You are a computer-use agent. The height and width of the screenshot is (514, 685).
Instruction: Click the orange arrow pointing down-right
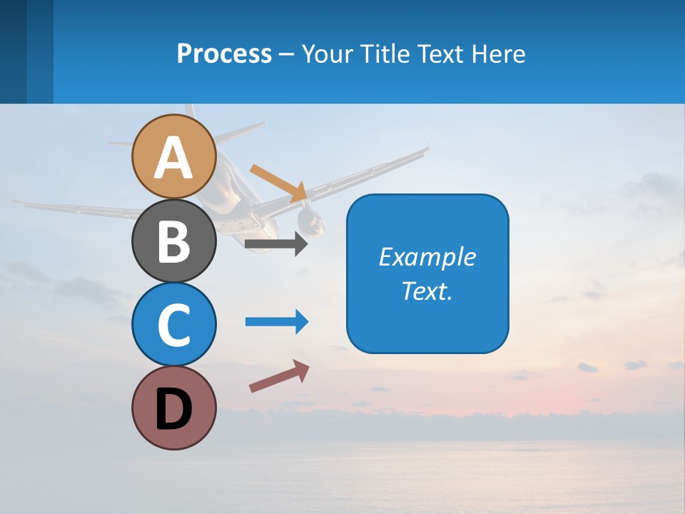click(x=278, y=183)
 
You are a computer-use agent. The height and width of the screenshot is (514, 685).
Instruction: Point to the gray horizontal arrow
click(x=275, y=244)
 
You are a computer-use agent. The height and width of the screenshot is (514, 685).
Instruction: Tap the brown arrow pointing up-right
click(x=278, y=376)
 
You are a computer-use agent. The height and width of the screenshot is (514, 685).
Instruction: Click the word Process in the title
click(x=224, y=54)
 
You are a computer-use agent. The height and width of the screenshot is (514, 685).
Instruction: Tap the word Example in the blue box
click(x=427, y=257)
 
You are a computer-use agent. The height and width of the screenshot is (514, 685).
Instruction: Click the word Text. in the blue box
click(x=427, y=291)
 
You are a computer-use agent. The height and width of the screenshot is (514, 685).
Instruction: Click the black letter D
click(x=174, y=410)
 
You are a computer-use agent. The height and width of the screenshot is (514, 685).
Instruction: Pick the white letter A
click(x=174, y=158)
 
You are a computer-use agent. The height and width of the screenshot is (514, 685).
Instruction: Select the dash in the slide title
click(x=286, y=55)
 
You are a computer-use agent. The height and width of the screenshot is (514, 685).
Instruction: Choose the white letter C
click(x=174, y=326)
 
